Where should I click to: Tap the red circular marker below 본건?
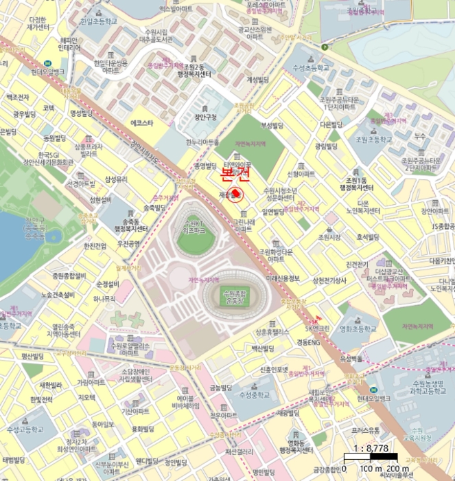coord(235,195)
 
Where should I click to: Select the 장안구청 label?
coord(206,116)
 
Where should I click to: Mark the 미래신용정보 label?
coord(283,278)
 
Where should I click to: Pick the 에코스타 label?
coord(142,123)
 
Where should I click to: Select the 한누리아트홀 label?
coord(202,142)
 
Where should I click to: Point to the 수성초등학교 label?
coord(308,68)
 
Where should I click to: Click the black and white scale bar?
coord(373,459)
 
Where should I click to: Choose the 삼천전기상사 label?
coord(329,280)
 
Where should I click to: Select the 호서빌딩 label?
coord(368,238)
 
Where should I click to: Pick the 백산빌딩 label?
coord(262,349)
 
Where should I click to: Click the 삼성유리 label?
coord(116,179)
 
